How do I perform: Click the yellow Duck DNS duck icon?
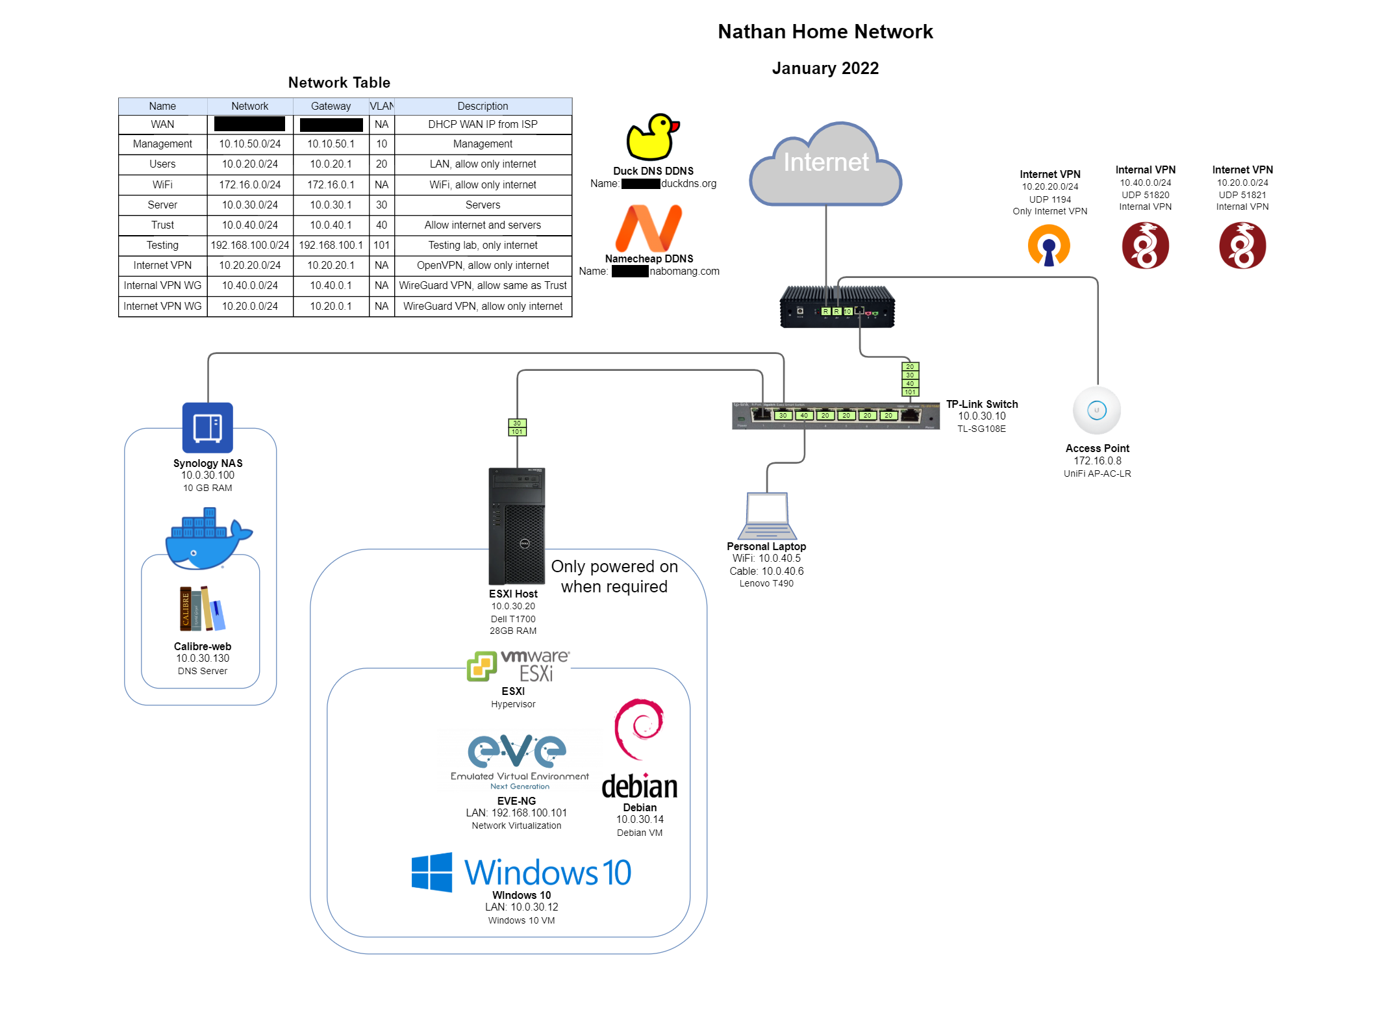pyautogui.click(x=652, y=137)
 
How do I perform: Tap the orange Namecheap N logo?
pyautogui.click(x=649, y=228)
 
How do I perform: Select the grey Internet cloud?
pyautogui.click(x=825, y=166)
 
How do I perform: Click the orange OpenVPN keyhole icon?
pyautogui.click(x=1049, y=246)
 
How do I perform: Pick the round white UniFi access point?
pyautogui.click(x=1097, y=410)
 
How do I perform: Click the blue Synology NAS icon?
pyautogui.click(x=208, y=427)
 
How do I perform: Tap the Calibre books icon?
pyautogui.click(x=202, y=609)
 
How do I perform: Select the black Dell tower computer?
pyautogui.click(x=517, y=526)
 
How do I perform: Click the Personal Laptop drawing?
pyautogui.click(x=767, y=516)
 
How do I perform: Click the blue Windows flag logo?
pyautogui.click(x=432, y=872)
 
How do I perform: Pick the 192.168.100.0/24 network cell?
pyautogui.click(x=250, y=246)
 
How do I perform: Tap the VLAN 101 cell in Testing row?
pyautogui.click(x=382, y=246)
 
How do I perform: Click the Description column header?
pyautogui.click(x=483, y=107)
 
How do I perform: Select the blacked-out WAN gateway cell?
pyautogui.click(x=331, y=125)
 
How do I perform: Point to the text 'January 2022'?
pyautogui.click(x=825, y=68)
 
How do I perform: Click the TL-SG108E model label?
pyautogui.click(x=981, y=429)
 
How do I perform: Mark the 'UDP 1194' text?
pyautogui.click(x=1049, y=199)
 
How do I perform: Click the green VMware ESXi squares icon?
pyautogui.click(x=482, y=666)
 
